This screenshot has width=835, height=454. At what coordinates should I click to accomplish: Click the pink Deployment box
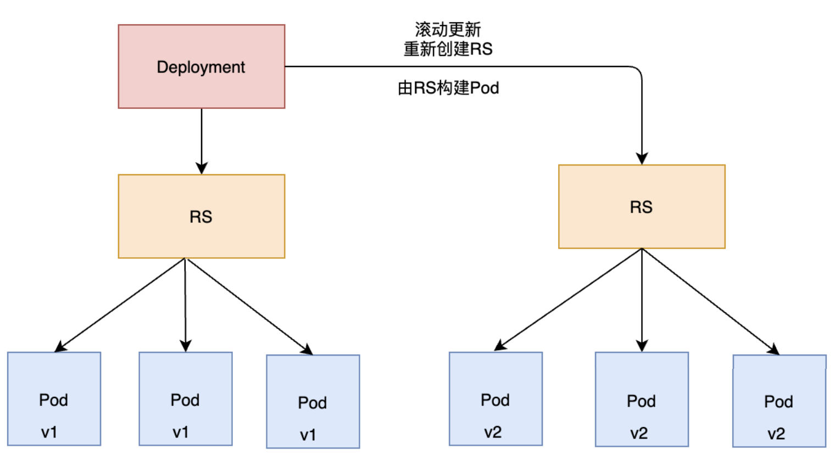click(201, 67)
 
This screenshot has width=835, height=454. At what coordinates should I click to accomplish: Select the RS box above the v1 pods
click(201, 217)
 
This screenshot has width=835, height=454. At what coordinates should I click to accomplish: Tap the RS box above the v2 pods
click(642, 207)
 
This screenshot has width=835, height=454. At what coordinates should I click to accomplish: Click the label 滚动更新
click(448, 30)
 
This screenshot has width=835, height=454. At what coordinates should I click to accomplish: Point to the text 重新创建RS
click(448, 49)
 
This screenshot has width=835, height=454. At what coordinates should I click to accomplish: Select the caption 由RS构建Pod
click(448, 88)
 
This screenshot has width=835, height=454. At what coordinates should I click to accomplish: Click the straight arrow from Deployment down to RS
click(202, 141)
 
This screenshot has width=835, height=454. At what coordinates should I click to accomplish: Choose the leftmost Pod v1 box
click(54, 398)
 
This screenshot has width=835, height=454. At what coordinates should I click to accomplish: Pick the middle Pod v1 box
click(186, 398)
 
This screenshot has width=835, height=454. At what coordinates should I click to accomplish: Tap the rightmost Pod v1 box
click(313, 401)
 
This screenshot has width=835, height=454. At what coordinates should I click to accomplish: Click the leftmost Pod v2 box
click(496, 398)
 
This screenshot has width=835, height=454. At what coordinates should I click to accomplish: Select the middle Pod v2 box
click(642, 399)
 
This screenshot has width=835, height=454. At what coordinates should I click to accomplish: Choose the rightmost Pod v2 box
click(779, 401)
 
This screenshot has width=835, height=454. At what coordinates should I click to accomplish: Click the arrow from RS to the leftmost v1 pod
click(120, 305)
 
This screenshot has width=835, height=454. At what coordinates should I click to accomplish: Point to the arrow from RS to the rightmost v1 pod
click(249, 306)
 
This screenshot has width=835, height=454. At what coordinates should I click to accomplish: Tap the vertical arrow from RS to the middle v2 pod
click(642, 300)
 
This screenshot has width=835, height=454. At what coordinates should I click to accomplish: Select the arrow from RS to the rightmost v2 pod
click(710, 301)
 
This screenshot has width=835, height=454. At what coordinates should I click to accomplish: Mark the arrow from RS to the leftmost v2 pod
click(568, 300)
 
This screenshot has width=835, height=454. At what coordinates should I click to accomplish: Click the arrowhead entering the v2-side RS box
click(642, 158)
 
